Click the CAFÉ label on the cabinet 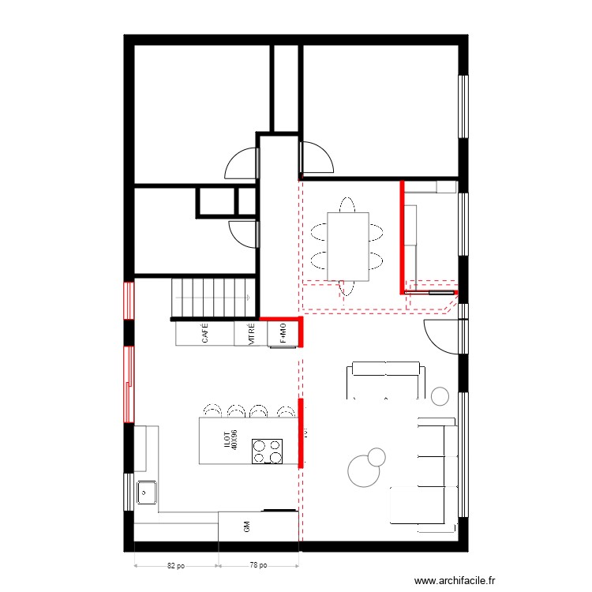pyautogui.click(x=205, y=334)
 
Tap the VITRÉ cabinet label pyautogui.click(x=251, y=334)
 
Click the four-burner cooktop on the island pyautogui.click(x=268, y=451)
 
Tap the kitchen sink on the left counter pyautogui.click(x=147, y=493)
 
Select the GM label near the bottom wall pyautogui.click(x=247, y=527)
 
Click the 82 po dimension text pyautogui.click(x=176, y=565)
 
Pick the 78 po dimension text pyautogui.click(x=258, y=565)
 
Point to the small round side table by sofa pyautogui.click(x=440, y=394)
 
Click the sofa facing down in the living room pyautogui.click(x=386, y=379)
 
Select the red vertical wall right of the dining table pyautogui.click(x=402, y=235)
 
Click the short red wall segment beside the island pyautogui.click(x=301, y=434)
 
